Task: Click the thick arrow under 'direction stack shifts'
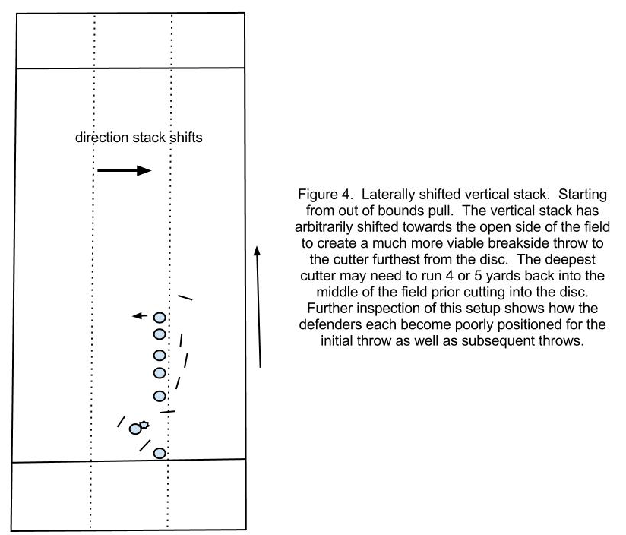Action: click(x=124, y=170)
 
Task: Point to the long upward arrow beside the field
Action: click(x=259, y=306)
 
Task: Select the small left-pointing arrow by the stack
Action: click(x=140, y=316)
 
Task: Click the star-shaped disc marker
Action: click(x=144, y=425)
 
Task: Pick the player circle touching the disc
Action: click(x=135, y=429)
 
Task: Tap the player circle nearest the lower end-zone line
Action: click(x=160, y=453)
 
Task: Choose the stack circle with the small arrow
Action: click(x=160, y=318)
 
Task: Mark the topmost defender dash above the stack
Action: click(x=185, y=297)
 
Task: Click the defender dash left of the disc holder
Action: click(x=122, y=421)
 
